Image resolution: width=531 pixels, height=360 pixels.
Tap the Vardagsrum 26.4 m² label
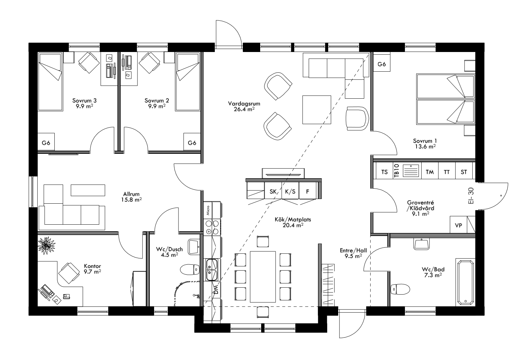pyautogui.click(x=244, y=106)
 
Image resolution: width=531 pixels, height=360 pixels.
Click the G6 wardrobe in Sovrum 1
pyautogui.click(x=382, y=64)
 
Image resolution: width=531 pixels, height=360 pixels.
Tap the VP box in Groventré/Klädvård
pyautogui.click(x=458, y=225)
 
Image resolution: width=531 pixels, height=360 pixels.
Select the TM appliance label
pyautogui.click(x=430, y=172)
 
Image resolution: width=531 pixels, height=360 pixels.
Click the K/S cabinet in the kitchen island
pyautogui.click(x=290, y=191)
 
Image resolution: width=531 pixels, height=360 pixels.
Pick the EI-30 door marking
pyautogui.click(x=471, y=197)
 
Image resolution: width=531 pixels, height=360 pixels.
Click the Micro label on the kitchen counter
pyautogui.click(x=208, y=211)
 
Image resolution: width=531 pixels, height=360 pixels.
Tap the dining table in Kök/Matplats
pyautogui.click(x=263, y=276)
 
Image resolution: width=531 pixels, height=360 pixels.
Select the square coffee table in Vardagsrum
pyautogui.click(x=317, y=109)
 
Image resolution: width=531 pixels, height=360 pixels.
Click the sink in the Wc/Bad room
pyautogui.click(x=422, y=244)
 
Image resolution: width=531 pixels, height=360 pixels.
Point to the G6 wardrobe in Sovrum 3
pyautogui.click(x=46, y=143)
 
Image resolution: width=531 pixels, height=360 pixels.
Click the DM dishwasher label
pyautogui.click(x=216, y=290)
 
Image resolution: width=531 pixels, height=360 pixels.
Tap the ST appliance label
pyautogui.click(x=464, y=172)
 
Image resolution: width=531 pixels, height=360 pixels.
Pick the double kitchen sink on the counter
pyautogui.click(x=211, y=270)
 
